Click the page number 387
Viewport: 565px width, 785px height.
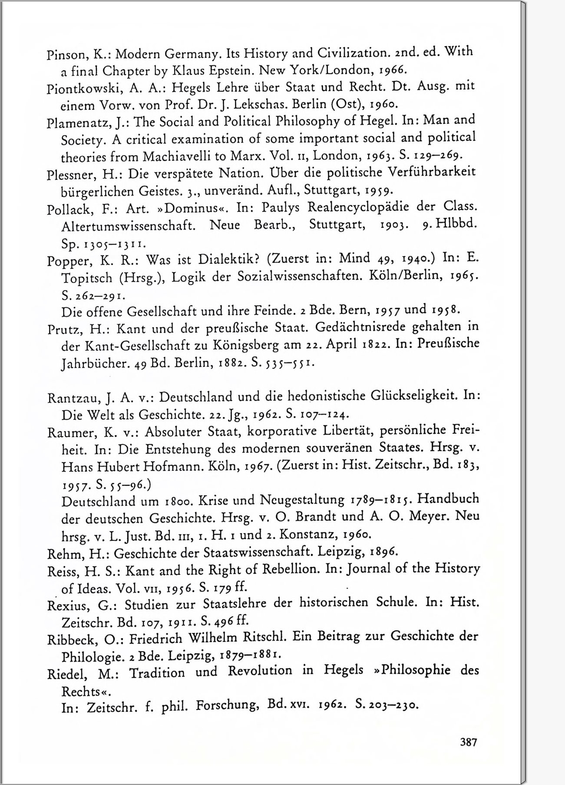(469, 742)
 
